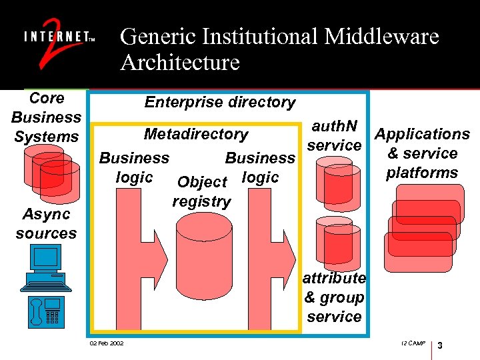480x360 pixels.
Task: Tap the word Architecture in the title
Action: click(x=179, y=63)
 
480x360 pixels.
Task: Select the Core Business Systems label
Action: click(x=46, y=117)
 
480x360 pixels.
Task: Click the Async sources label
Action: click(x=46, y=224)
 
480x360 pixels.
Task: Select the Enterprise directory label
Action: click(x=219, y=102)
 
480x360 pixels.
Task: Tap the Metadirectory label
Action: click(x=195, y=134)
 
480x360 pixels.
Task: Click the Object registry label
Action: click(x=201, y=191)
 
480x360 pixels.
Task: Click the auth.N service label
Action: click(x=334, y=135)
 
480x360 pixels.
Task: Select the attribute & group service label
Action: click(x=334, y=297)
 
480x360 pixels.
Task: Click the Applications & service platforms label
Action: click(x=422, y=153)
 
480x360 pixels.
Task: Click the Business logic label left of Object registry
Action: click(x=134, y=167)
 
